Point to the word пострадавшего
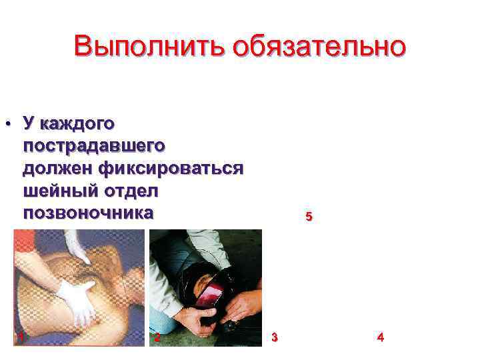[94, 145]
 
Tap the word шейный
[60, 191]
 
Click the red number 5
[308, 217]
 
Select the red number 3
[275, 337]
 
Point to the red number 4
[381, 337]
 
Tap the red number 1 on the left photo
[22, 337]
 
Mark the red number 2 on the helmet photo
[157, 337]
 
